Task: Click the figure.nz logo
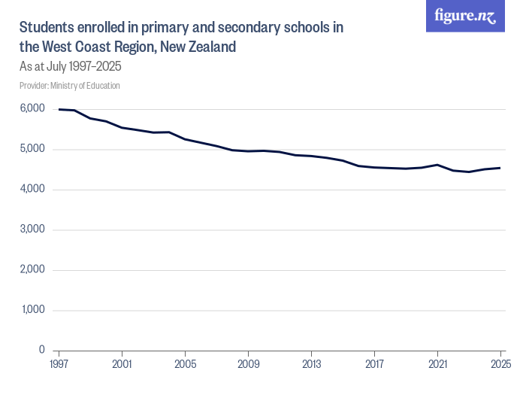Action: (465, 16)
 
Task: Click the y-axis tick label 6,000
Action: (32, 109)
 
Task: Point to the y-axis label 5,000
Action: (32, 149)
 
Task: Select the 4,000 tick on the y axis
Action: (32, 190)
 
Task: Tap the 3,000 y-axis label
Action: (32, 229)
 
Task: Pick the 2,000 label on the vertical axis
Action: (32, 269)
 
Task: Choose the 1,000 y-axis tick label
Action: (33, 310)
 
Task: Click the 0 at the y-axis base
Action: (42, 350)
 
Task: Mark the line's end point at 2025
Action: (500, 168)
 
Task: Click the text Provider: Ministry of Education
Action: (70, 86)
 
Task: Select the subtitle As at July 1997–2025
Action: (71, 66)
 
